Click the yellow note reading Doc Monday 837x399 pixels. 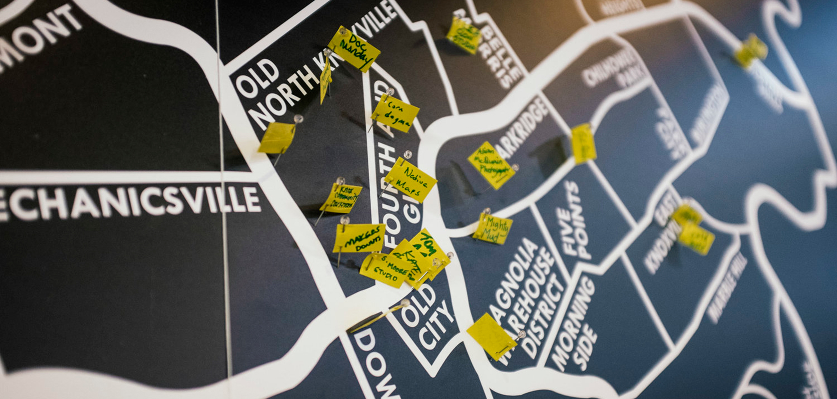[355, 49]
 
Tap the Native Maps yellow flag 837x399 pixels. [411, 180]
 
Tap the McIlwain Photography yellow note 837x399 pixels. [491, 165]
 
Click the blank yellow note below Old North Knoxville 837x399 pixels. [277, 138]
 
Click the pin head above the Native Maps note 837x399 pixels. [408, 154]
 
